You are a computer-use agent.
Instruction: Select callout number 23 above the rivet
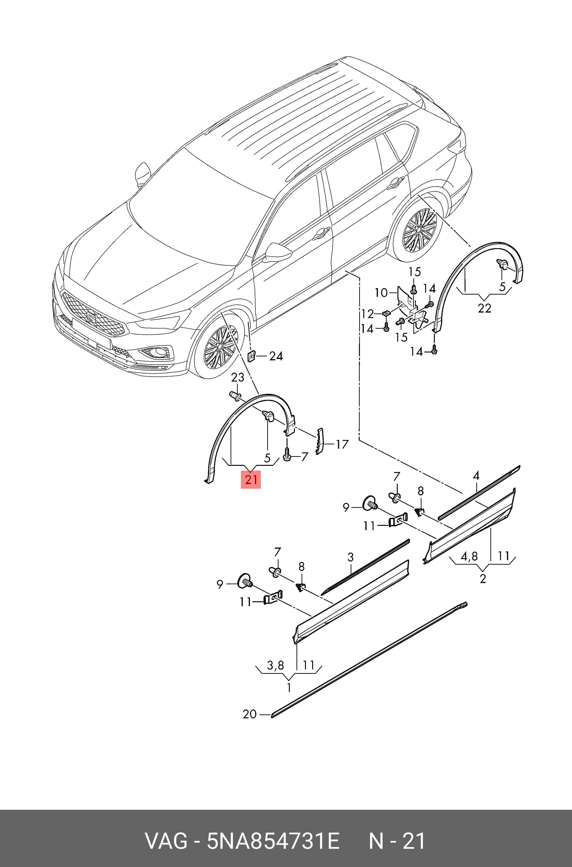(238, 377)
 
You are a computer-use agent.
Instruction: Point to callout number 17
(342, 444)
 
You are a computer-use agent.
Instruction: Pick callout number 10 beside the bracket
(381, 292)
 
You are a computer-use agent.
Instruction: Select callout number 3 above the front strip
(351, 557)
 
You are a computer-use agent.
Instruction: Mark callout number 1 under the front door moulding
(289, 688)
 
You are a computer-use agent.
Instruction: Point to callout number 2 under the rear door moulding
(483, 579)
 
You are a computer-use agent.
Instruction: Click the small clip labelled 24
(251, 355)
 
